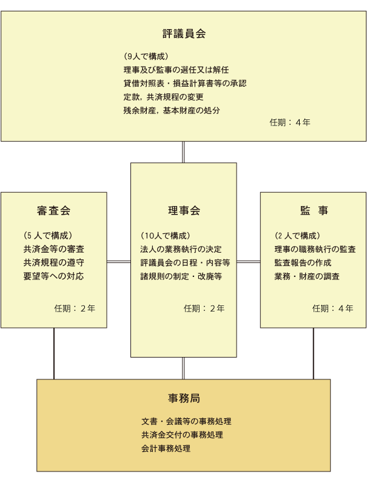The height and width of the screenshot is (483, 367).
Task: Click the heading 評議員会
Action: click(184, 33)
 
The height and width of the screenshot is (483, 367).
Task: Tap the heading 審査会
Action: click(53, 211)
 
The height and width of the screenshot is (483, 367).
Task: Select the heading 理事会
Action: click(184, 211)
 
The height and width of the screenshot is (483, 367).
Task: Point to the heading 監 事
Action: click(314, 211)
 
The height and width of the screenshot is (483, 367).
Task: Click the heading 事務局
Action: click(184, 398)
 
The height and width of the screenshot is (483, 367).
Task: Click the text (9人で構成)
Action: click(146, 56)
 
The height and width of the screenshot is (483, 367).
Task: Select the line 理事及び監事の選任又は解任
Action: click(176, 70)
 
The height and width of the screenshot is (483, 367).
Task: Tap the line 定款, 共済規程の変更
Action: click(163, 97)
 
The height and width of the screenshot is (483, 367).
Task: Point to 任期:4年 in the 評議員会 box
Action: click(290, 122)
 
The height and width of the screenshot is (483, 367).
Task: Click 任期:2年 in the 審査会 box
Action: click(75, 308)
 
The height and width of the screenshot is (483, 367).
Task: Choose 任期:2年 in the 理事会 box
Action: click(204, 308)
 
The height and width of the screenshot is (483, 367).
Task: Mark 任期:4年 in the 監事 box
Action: click(332, 308)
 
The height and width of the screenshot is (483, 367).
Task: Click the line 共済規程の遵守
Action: click(53, 263)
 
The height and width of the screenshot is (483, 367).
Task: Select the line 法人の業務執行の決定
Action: click(181, 249)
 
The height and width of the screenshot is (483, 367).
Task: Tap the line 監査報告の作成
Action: click(303, 263)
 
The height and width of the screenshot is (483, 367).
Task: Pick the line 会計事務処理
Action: click(166, 448)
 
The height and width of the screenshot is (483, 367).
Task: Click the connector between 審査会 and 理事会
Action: click(119, 262)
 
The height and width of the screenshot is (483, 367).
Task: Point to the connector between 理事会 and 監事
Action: click(249, 262)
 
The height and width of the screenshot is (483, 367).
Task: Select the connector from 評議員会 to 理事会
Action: click(183, 152)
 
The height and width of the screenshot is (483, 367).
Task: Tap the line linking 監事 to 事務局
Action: click(314, 354)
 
